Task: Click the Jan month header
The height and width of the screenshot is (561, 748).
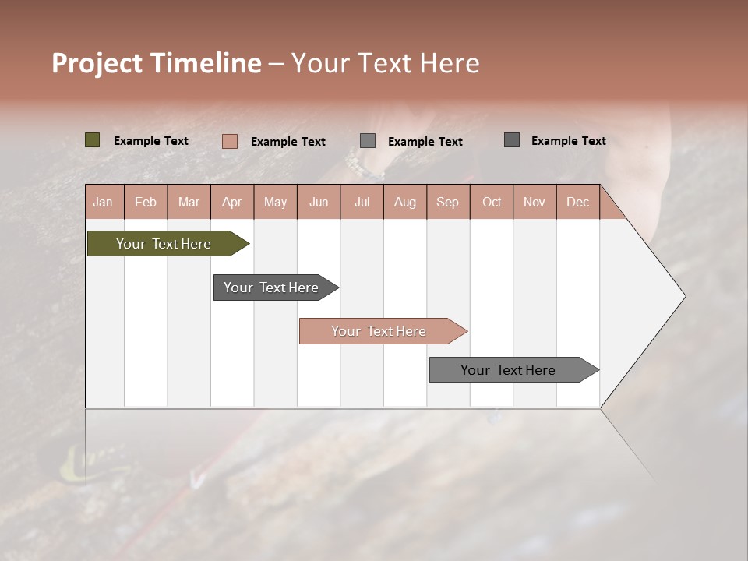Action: click(x=103, y=202)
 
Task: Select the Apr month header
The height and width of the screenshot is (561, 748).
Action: click(x=231, y=202)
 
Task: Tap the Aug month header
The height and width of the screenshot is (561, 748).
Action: click(x=404, y=202)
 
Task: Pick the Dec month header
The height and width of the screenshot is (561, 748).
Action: click(x=577, y=202)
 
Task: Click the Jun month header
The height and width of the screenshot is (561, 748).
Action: click(x=318, y=202)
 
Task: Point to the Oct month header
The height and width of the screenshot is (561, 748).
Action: click(x=491, y=202)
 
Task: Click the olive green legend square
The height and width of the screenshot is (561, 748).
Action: click(x=92, y=140)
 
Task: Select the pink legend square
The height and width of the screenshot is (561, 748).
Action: click(x=230, y=141)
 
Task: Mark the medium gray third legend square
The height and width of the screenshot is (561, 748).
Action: click(x=368, y=141)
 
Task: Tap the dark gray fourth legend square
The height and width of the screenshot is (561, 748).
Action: click(x=512, y=140)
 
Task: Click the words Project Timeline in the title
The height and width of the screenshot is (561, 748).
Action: click(x=156, y=63)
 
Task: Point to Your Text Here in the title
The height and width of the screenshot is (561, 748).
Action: click(x=385, y=63)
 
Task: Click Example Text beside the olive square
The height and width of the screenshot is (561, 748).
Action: click(x=150, y=141)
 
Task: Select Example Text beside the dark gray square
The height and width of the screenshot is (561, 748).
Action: click(x=568, y=141)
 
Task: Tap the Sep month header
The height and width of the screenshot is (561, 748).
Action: click(x=447, y=202)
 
